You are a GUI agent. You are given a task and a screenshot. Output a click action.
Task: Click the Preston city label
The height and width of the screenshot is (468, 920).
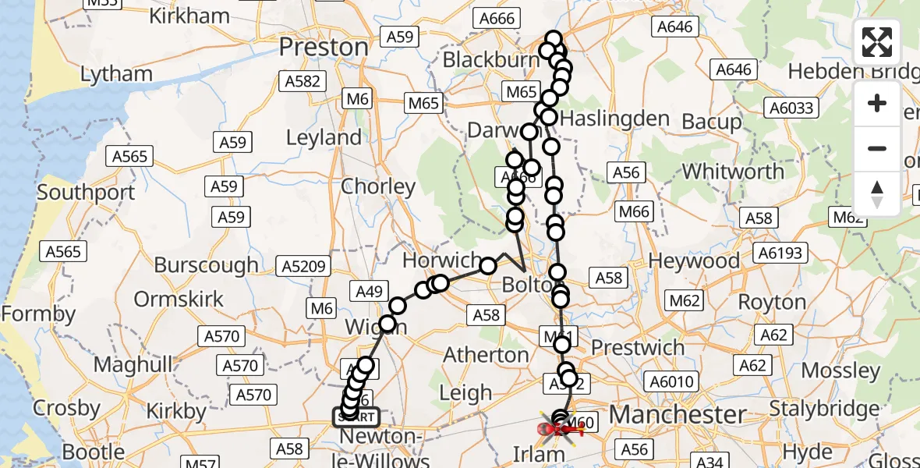point(323,48)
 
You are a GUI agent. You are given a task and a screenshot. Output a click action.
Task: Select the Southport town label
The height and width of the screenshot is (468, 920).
point(86,192)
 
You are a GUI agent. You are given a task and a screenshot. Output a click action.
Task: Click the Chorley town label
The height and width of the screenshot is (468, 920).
point(378,186)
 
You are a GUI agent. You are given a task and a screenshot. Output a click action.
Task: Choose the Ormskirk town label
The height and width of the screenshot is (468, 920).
point(179,299)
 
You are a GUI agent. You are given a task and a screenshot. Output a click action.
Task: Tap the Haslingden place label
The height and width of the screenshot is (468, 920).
point(614,119)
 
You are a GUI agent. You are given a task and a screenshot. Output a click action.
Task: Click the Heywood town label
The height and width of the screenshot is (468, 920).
point(694,261)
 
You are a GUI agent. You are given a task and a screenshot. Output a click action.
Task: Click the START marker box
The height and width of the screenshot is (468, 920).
point(357,417)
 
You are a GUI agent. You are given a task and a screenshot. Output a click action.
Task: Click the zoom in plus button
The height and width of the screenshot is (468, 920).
point(877,104)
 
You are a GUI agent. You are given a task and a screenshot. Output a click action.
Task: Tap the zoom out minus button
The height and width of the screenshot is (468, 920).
point(877,148)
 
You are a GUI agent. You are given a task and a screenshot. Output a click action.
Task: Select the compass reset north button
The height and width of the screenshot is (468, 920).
point(877,193)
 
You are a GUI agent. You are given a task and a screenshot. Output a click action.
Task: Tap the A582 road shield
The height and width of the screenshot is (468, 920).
point(302,82)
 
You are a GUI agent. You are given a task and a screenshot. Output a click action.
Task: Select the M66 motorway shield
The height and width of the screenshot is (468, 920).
point(635,211)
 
